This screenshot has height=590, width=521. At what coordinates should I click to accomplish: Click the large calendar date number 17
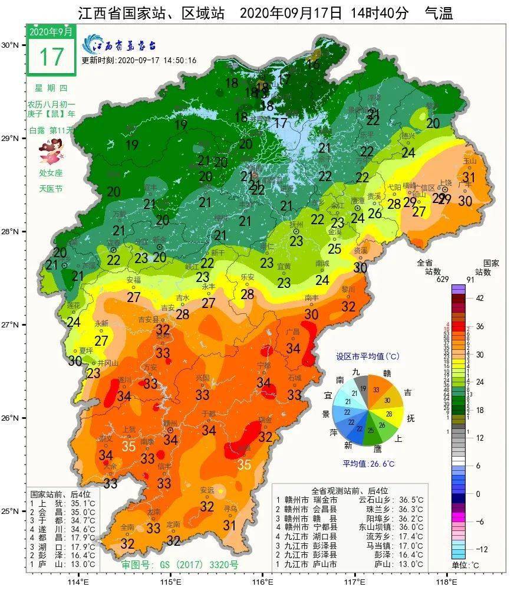click(51, 57)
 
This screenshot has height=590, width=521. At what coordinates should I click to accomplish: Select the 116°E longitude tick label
click(263, 581)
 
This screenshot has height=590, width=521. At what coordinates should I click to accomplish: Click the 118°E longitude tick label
click(448, 581)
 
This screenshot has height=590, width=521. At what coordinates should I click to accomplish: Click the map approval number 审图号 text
click(180, 565)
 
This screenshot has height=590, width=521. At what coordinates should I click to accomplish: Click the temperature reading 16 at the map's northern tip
click(312, 64)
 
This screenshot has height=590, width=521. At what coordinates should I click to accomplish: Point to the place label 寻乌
click(230, 508)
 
